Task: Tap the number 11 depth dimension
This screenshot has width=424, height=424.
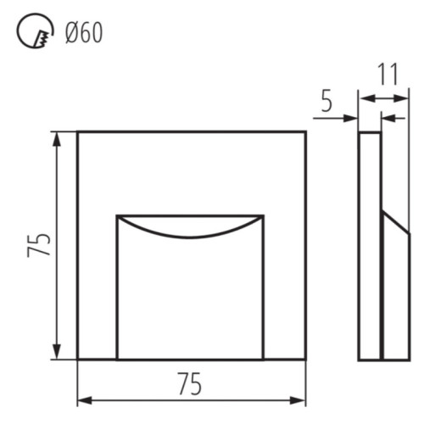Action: click(388, 75)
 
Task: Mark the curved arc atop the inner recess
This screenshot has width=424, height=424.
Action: click(190, 233)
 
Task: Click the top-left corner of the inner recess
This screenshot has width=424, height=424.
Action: click(117, 215)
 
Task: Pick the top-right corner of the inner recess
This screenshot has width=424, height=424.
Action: click(263, 215)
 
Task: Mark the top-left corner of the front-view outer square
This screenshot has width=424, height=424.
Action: click(78, 131)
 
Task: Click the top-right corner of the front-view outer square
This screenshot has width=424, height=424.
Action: click(305, 131)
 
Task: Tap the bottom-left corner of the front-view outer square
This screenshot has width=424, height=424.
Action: click(78, 360)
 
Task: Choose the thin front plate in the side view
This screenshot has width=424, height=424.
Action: click(369, 246)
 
